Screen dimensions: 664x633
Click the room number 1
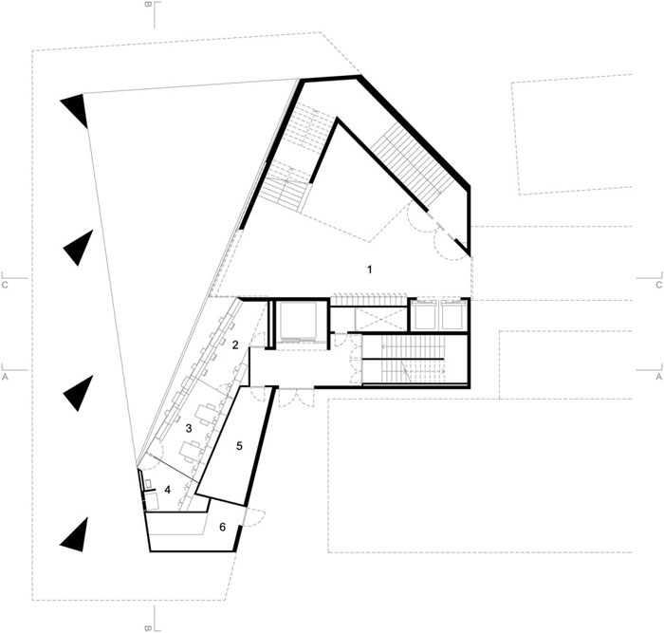(370, 270)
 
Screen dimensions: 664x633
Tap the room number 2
(235, 344)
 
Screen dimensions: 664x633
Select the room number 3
(189, 428)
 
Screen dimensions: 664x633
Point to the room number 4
(168, 491)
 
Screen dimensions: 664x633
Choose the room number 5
(239, 446)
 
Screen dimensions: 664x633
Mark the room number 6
(222, 527)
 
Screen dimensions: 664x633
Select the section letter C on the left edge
(5, 285)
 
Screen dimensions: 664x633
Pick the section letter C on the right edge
(658, 285)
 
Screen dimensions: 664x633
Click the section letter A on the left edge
(5, 376)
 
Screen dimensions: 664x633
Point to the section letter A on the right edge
(658, 376)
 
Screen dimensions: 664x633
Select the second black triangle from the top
(80, 249)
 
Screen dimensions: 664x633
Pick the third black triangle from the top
(79, 393)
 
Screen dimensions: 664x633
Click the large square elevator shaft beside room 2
(297, 321)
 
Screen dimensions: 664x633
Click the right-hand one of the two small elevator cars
(451, 314)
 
